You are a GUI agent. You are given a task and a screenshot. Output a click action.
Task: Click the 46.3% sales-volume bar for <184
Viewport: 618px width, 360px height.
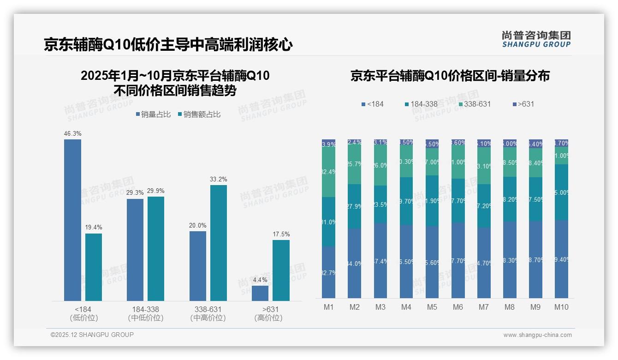click(72, 220)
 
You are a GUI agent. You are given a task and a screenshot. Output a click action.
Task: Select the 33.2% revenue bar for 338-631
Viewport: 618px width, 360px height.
click(219, 243)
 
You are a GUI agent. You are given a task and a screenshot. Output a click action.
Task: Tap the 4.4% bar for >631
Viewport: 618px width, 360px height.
click(260, 293)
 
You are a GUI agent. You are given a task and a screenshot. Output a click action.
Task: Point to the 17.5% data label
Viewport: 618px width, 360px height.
click(281, 234)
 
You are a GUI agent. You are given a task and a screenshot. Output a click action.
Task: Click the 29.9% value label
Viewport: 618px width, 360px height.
click(156, 191)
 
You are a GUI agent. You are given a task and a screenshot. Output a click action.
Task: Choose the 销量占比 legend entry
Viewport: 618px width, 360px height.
click(154, 114)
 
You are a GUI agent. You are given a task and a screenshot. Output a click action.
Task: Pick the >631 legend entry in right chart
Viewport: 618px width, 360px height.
click(523, 104)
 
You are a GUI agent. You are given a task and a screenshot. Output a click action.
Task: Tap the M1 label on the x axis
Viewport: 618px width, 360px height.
click(328, 307)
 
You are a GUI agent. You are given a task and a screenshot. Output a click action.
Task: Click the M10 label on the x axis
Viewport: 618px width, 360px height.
click(561, 307)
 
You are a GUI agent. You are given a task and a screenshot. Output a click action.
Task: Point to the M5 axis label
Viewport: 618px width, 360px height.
click(432, 307)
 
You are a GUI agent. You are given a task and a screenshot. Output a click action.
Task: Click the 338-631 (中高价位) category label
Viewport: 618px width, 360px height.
click(208, 313)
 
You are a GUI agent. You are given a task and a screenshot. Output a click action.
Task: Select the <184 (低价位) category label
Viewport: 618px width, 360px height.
click(83, 313)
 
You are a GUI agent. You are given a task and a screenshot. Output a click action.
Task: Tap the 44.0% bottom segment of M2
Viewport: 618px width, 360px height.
click(354, 263)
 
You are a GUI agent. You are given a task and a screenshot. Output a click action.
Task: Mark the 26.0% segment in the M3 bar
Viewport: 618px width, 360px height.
click(380, 165)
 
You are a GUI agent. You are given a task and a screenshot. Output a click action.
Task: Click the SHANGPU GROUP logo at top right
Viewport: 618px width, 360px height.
click(536, 39)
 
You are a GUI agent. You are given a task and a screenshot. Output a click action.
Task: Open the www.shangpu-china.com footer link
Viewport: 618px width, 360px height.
click(537, 335)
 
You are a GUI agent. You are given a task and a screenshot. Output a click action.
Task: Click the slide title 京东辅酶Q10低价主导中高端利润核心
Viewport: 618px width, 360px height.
click(168, 45)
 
